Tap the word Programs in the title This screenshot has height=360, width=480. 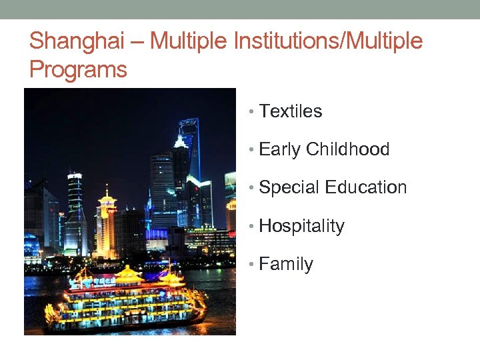pyautogui.click(x=78, y=69)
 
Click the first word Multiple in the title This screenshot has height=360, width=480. pyautogui.click(x=189, y=41)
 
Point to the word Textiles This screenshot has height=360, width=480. pyautogui.click(x=290, y=111)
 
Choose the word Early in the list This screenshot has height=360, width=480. pyautogui.click(x=279, y=149)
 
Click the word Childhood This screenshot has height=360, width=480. pyautogui.click(x=347, y=149)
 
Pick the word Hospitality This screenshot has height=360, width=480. pyautogui.click(x=301, y=226)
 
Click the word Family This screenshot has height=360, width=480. pyautogui.click(x=285, y=264)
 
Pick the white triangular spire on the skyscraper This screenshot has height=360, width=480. pyautogui.click(x=180, y=141)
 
